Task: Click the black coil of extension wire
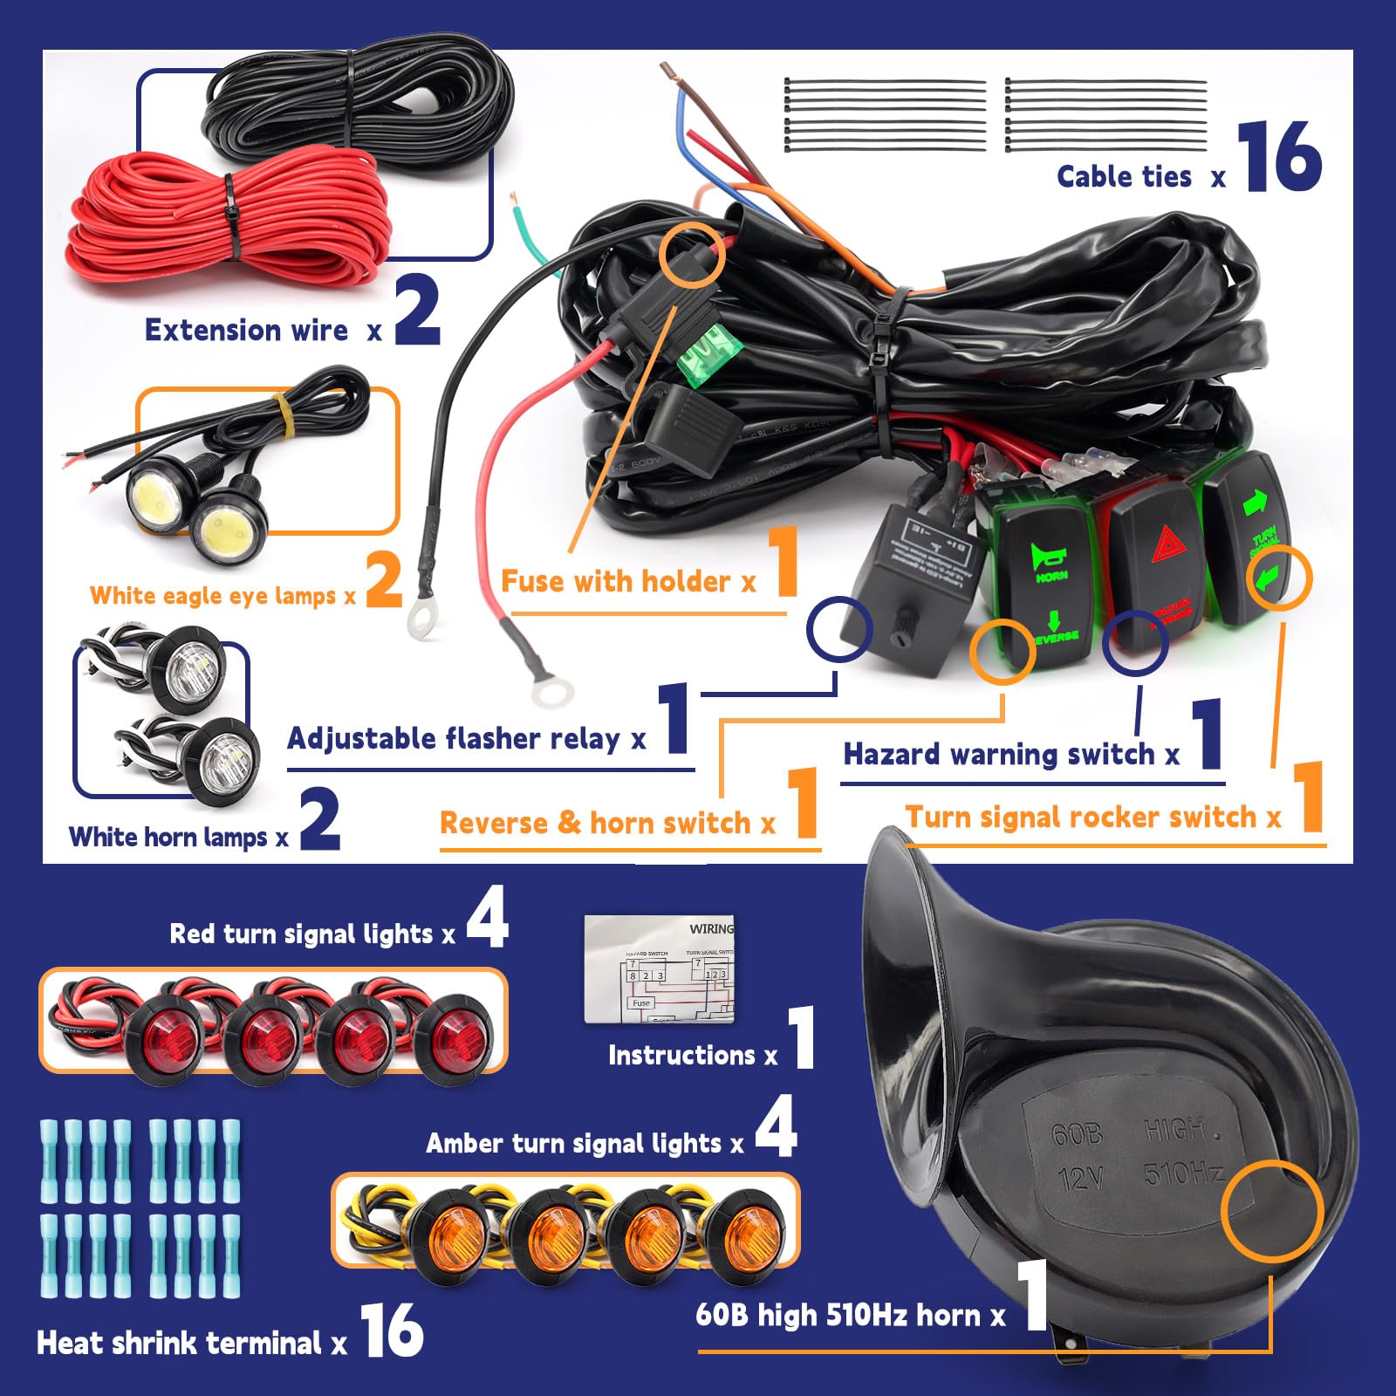click(358, 100)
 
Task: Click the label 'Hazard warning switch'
click(999, 755)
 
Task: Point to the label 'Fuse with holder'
click(615, 582)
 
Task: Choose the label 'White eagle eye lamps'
click(213, 596)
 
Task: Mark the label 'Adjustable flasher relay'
click(454, 739)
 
